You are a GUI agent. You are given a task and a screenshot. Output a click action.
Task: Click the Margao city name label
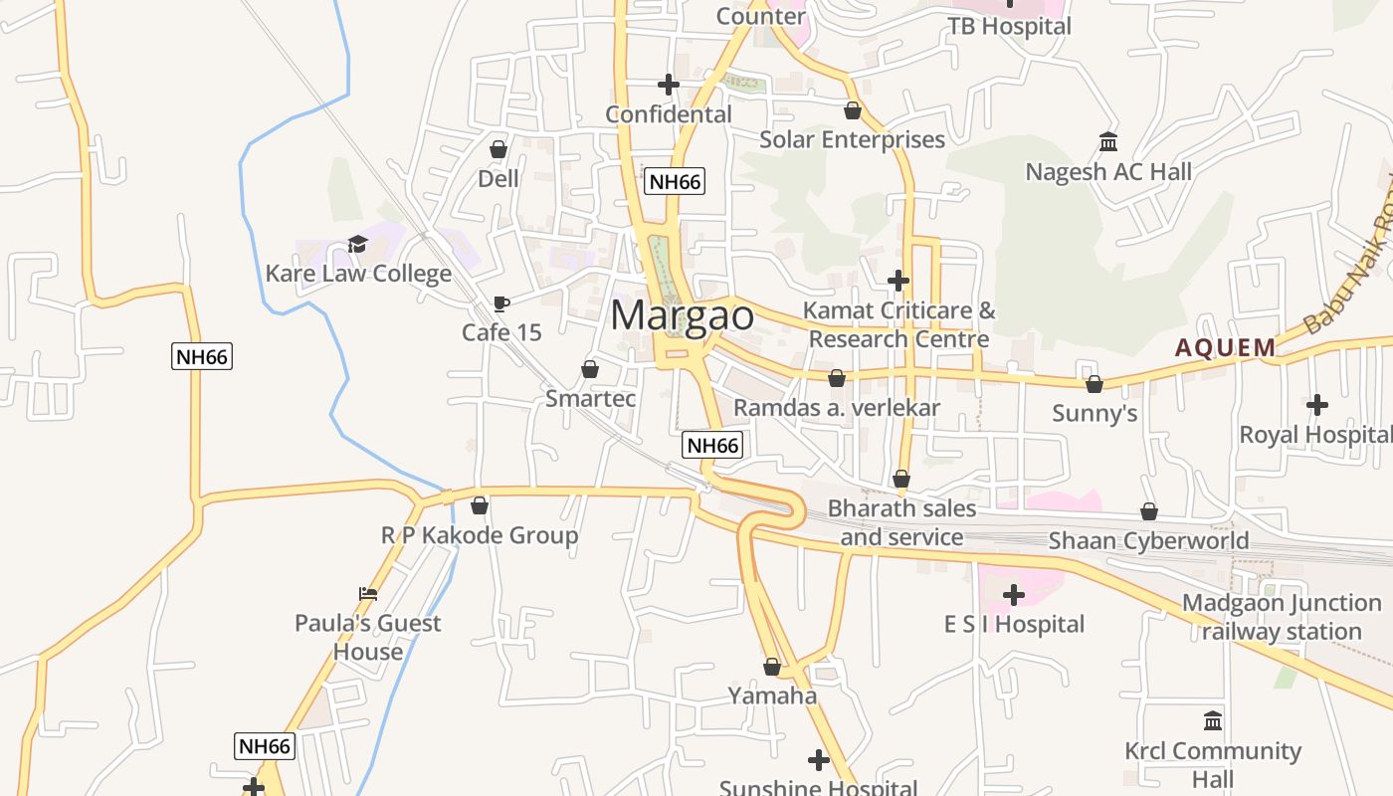(682, 315)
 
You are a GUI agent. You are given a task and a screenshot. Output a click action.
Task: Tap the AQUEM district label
(1225, 347)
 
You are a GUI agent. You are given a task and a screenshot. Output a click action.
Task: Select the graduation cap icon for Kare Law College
(357, 244)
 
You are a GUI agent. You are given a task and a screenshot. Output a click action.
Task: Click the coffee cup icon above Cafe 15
(501, 303)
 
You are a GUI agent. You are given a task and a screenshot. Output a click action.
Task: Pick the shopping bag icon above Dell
(498, 150)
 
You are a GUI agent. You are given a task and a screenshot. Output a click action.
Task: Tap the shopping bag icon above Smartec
(590, 369)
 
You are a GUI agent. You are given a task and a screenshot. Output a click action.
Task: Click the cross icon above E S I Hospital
(1014, 595)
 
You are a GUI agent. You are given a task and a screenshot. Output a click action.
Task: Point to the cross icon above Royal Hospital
(1317, 405)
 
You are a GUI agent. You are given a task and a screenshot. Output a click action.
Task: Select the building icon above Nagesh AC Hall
(1108, 142)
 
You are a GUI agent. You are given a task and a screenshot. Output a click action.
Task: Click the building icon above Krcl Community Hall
(1213, 720)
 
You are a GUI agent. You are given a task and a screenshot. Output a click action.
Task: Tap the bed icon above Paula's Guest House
(368, 594)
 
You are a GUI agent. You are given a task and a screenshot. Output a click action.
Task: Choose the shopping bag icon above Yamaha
(772, 667)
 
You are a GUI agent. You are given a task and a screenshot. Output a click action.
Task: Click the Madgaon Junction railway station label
(1282, 617)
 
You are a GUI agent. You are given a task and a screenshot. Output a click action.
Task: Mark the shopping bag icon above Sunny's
(1094, 384)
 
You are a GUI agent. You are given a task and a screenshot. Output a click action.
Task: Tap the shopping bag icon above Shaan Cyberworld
(1149, 511)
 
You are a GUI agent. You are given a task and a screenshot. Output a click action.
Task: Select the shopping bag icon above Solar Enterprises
(853, 110)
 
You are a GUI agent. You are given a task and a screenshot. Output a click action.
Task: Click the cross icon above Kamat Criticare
(898, 281)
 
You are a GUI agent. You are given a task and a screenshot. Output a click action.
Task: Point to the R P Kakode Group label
(480, 535)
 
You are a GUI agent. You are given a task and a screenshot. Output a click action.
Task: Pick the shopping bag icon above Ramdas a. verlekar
(837, 378)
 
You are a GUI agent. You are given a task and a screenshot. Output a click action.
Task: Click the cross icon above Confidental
(669, 86)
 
